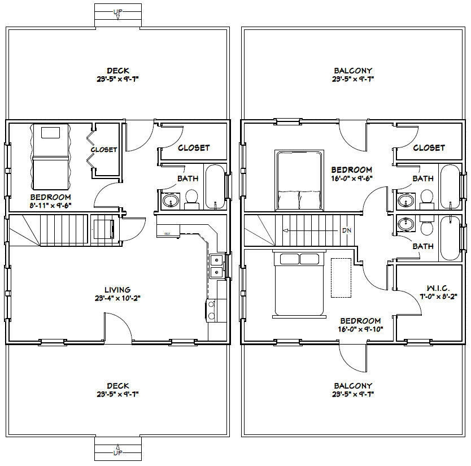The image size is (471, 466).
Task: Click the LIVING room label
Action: coord(117,290)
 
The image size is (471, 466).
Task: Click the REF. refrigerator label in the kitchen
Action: coord(168,233)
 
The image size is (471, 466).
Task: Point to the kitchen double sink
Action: coord(216,267)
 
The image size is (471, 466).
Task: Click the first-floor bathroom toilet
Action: coord(191,197)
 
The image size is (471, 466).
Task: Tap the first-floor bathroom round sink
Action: coord(169,201)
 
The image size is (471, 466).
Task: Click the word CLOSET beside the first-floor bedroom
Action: coord(104,150)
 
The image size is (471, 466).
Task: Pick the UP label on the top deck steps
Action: coord(117,11)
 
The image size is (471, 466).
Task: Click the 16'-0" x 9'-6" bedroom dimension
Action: coord(351,178)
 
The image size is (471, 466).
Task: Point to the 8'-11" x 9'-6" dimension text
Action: coord(50,206)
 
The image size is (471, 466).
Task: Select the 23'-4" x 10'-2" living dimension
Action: coord(117,298)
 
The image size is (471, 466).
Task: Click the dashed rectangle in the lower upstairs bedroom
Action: coord(341,277)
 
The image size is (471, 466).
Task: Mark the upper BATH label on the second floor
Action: coord(423,178)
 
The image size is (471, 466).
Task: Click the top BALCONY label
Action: coord(352,71)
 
